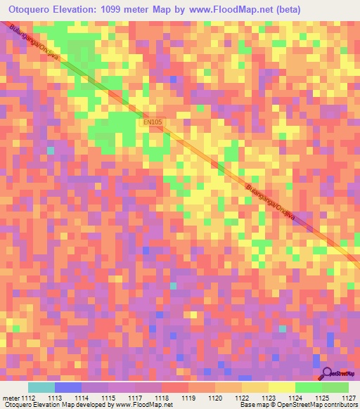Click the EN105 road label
click(153, 122)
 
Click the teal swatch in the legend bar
click(41, 387)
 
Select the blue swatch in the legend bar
click(68, 387)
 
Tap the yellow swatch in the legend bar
click(282, 387)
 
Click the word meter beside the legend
click(11, 397)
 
